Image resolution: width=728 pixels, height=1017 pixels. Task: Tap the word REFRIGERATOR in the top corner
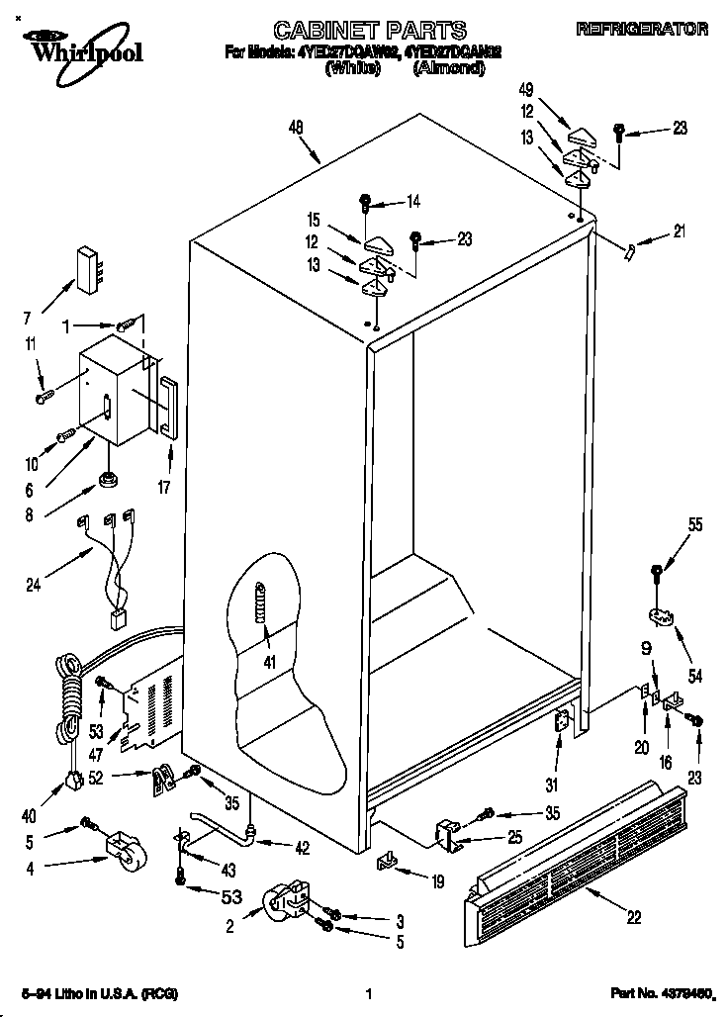coord(642,30)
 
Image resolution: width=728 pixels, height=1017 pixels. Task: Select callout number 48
coord(295,127)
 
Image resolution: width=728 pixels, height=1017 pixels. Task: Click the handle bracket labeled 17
coord(168,406)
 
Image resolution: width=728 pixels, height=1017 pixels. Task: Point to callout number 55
coord(695,525)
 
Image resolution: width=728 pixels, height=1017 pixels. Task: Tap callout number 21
coord(678,232)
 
